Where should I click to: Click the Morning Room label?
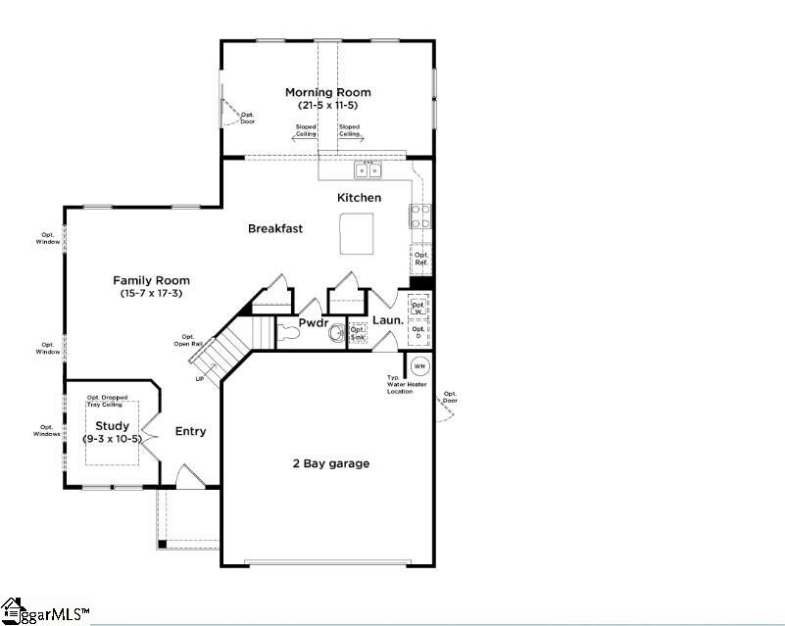(x=327, y=93)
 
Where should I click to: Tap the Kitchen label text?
(x=359, y=198)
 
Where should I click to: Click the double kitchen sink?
(x=369, y=170)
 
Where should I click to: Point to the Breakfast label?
(x=274, y=228)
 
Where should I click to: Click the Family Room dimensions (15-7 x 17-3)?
(x=151, y=293)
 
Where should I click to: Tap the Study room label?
(x=112, y=426)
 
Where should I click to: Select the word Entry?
(x=190, y=431)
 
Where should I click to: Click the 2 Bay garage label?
(x=330, y=463)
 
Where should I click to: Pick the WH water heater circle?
(x=419, y=366)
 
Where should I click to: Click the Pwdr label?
(x=313, y=321)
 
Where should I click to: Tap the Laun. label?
(x=387, y=320)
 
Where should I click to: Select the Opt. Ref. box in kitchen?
(x=421, y=260)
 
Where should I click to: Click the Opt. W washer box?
(x=419, y=308)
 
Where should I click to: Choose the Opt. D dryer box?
(x=419, y=333)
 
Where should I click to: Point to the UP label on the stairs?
(x=201, y=378)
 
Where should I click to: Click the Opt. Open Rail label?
(x=188, y=340)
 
